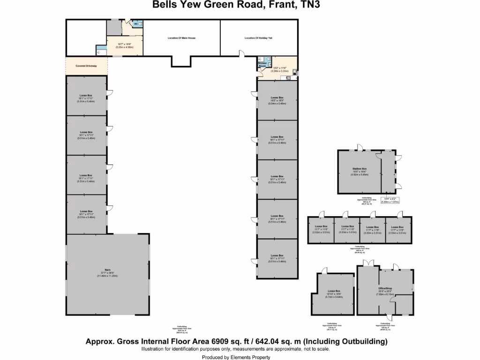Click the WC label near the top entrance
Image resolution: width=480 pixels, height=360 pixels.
point(136,23)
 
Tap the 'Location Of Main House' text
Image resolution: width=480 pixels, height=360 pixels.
point(181,37)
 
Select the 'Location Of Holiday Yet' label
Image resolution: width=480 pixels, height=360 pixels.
point(258,37)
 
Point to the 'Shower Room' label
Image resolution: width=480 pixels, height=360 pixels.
point(262,65)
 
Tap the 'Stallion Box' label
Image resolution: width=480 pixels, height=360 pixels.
point(359,168)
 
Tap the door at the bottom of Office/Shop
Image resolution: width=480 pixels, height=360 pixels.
point(389,319)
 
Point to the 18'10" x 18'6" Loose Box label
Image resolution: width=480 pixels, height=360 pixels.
point(334,293)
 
